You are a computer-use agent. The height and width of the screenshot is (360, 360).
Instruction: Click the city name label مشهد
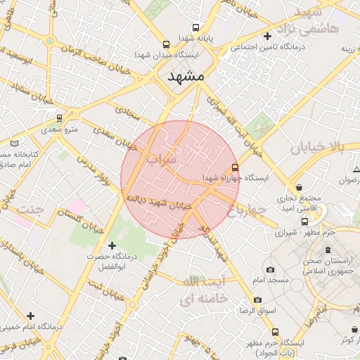pos(185,76)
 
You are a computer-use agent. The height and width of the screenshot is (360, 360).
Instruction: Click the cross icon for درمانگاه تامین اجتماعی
pos(266,36)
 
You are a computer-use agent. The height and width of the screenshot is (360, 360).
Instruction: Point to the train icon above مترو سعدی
pos(60,118)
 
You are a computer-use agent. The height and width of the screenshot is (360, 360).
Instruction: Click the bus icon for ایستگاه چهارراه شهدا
pos(235,167)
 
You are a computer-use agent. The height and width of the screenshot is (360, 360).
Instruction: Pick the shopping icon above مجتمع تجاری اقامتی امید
pos(301,188)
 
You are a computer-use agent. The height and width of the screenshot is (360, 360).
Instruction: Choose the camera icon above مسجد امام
pos(270,270)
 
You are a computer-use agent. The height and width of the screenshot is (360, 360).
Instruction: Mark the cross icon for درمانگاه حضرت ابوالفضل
pos(111,245)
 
